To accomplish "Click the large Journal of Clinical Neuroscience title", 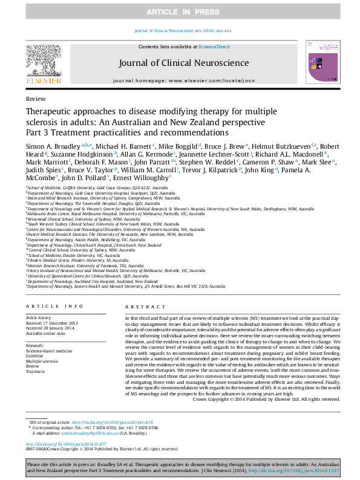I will [x=184, y=63].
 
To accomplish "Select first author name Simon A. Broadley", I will [x=53, y=146].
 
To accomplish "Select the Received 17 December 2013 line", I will [x=51, y=322].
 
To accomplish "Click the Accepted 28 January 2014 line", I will [x=50, y=327].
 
